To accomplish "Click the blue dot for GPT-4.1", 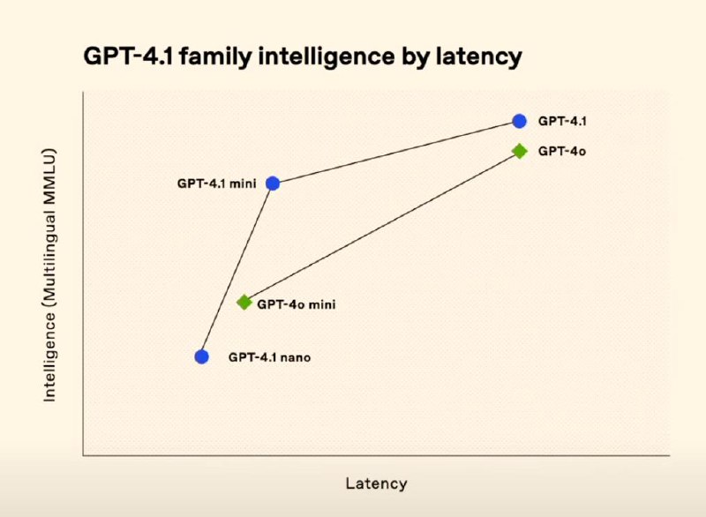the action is click(519, 121).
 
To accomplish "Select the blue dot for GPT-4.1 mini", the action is click(273, 184).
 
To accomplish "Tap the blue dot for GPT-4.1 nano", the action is click(202, 356).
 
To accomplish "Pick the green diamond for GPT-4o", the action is click(520, 151).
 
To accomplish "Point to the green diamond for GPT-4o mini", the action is click(244, 303).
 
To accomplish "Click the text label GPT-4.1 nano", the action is click(269, 357).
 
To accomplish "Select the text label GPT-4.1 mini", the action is click(216, 184).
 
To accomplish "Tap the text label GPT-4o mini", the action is click(297, 304).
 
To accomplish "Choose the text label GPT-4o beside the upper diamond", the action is click(562, 151).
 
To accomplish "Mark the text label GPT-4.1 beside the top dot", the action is click(562, 121).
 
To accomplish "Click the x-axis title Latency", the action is click(377, 483).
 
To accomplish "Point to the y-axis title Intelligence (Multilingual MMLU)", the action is click(49, 275).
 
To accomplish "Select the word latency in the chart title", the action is click(479, 57).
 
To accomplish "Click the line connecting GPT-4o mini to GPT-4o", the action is click(382, 227).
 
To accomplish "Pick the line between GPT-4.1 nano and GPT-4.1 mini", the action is click(237, 270).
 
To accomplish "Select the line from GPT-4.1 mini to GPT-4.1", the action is click(395, 152).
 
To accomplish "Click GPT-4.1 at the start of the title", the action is click(128, 56).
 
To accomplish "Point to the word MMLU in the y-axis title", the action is click(49, 169).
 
